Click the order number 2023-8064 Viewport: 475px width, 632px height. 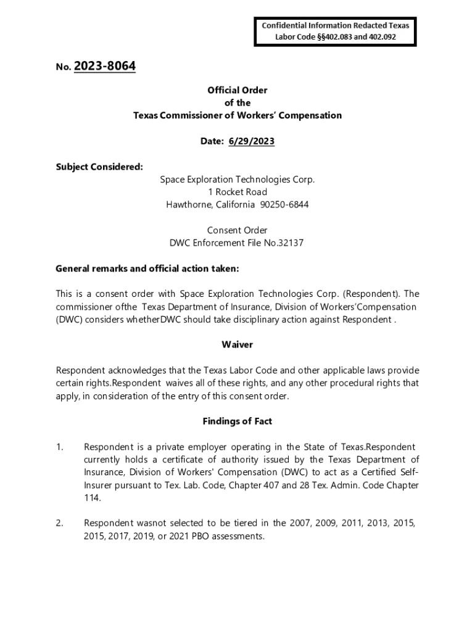coord(104,66)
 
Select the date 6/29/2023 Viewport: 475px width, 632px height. coord(251,141)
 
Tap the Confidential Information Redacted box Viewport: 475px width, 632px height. coord(336,31)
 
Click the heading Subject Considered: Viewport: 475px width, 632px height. coord(99,167)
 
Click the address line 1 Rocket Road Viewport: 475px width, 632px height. coord(238,192)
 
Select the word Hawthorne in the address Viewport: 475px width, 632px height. coord(187,205)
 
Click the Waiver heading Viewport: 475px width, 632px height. coord(238,344)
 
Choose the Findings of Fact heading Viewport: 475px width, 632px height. coord(238,421)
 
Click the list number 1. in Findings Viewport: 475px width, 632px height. coord(59,447)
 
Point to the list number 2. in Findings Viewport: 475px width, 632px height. coord(59,523)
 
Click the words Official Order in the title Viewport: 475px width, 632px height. coord(238,90)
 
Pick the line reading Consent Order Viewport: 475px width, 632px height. coord(238,230)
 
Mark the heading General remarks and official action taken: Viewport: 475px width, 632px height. coord(147,268)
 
